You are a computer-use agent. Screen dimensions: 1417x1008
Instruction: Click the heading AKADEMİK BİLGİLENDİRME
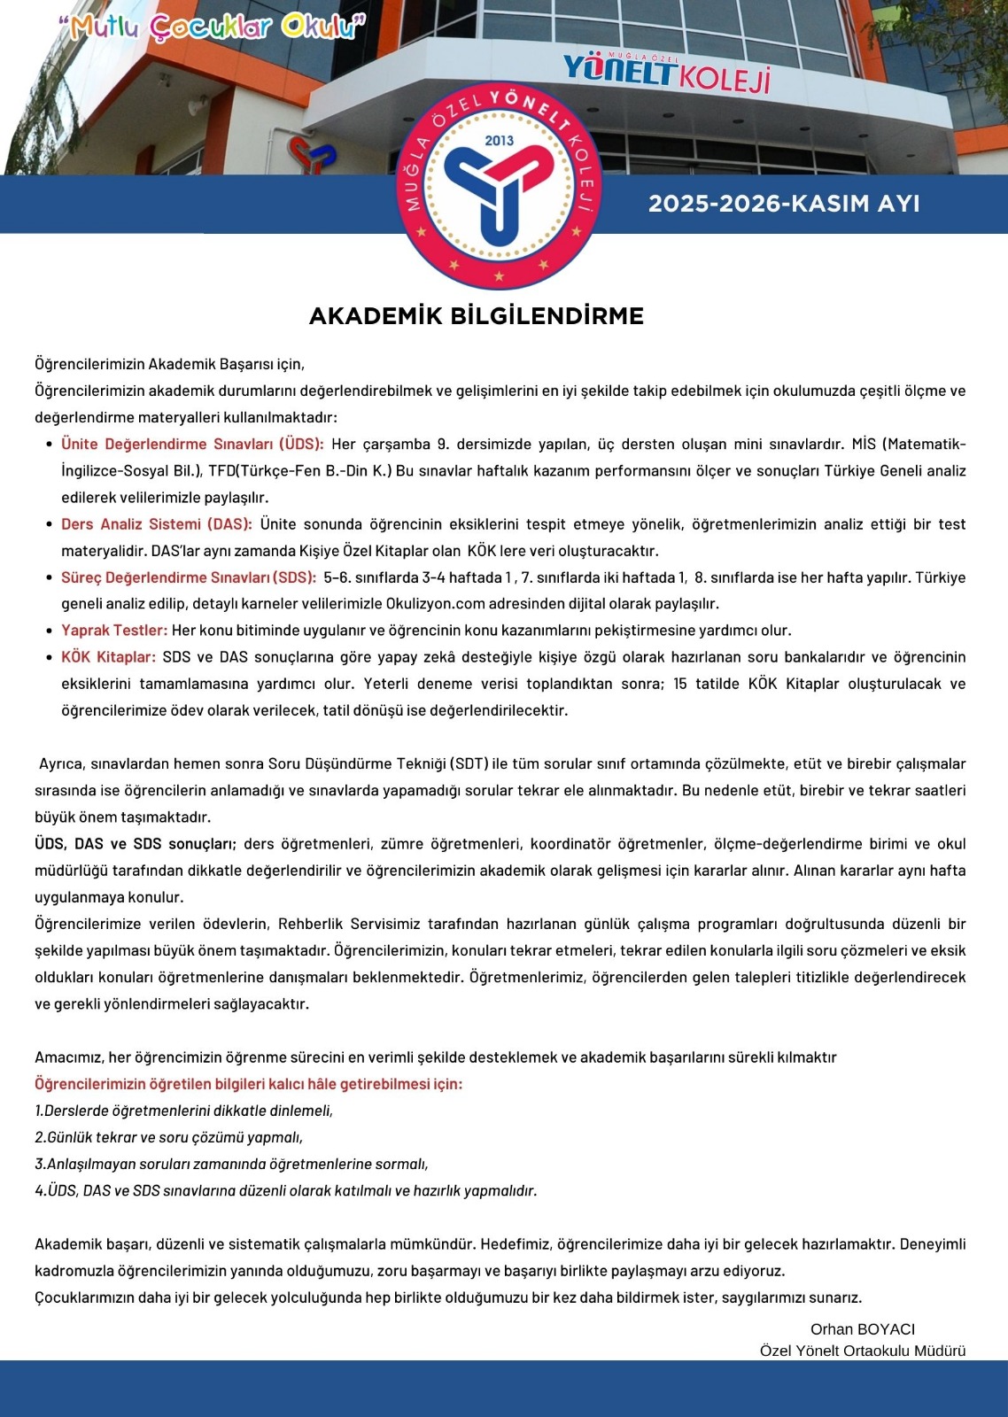[x=476, y=316]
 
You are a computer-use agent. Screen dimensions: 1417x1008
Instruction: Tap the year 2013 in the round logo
[x=499, y=140]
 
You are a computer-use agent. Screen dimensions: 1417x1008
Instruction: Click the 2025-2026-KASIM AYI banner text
[x=784, y=204]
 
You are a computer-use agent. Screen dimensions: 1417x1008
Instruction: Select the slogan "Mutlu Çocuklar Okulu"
[x=212, y=27]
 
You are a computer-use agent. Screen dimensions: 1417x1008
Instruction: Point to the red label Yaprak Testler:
[x=114, y=631]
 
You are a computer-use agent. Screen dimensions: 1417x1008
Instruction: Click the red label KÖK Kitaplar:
[x=108, y=657]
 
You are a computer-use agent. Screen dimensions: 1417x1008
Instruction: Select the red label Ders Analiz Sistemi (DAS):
[x=157, y=524]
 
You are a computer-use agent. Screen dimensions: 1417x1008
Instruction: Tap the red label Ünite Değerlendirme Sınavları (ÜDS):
[x=192, y=445]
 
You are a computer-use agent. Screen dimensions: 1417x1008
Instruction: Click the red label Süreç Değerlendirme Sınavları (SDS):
[x=189, y=577]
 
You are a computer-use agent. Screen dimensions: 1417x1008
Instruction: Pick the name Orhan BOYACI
[x=862, y=1329]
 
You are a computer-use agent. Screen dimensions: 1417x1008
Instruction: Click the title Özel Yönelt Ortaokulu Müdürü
[x=862, y=1351]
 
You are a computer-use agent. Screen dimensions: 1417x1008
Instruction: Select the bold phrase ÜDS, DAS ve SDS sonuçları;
[x=136, y=844]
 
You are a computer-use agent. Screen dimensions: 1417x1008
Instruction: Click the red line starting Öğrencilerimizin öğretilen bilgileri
[x=248, y=1084]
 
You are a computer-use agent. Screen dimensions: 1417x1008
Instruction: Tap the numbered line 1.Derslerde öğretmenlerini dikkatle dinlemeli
[x=183, y=1111]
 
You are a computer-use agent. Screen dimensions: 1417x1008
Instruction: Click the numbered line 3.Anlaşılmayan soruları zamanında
[x=231, y=1164]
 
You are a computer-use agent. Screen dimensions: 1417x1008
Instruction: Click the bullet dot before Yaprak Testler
[x=49, y=631]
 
